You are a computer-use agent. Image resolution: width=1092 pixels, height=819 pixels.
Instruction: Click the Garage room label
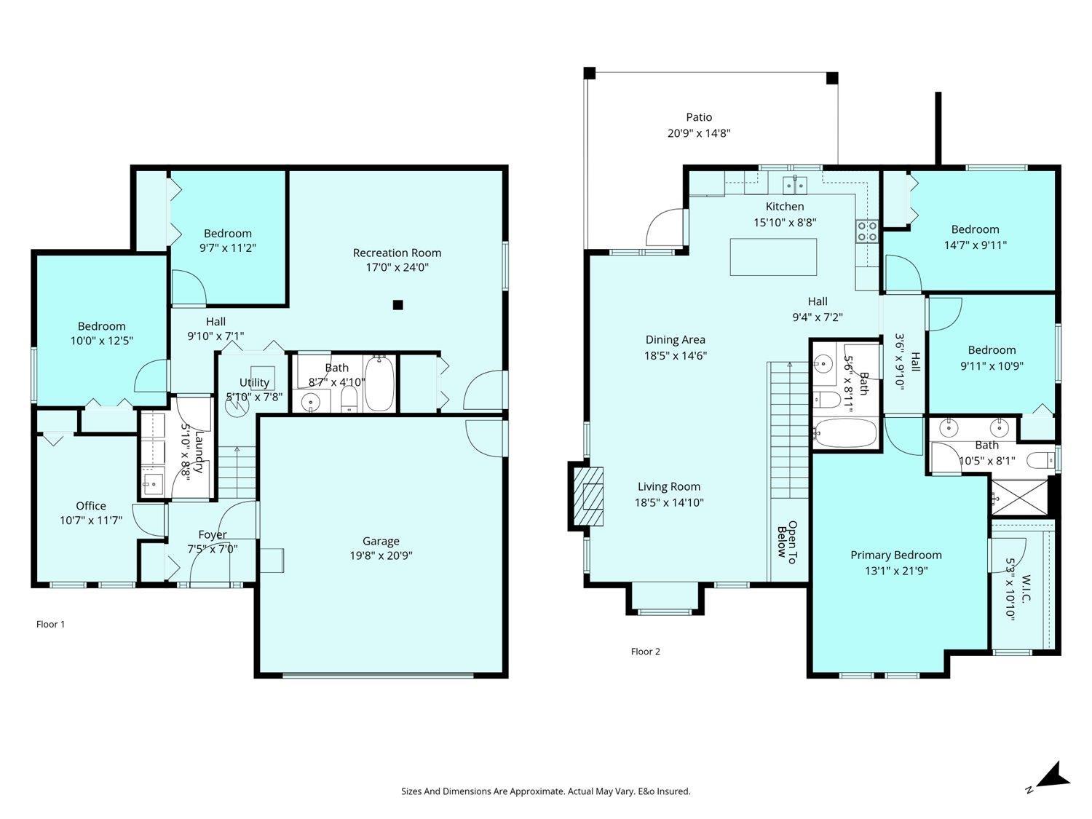click(x=381, y=540)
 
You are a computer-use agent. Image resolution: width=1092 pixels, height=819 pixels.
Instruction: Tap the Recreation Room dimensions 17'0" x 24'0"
click(x=397, y=267)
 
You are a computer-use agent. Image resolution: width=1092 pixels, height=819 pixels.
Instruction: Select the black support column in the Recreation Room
click(x=397, y=305)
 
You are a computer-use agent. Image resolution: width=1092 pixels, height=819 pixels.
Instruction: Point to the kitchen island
click(x=773, y=256)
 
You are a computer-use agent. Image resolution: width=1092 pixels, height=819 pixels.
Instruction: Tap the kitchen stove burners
click(x=866, y=232)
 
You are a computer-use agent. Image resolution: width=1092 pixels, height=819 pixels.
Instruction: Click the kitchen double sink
click(x=795, y=185)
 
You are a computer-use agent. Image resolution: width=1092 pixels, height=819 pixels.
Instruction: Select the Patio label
click(x=699, y=117)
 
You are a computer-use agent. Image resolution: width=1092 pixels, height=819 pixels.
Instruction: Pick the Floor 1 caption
click(x=50, y=624)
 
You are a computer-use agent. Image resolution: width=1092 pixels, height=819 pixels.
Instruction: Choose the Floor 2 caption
click(x=645, y=652)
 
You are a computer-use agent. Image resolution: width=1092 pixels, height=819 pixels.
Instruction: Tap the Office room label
click(x=90, y=506)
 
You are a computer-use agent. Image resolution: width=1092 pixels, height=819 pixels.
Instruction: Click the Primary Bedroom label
click(x=896, y=555)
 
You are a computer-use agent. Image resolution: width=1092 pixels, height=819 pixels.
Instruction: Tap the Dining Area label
click(x=675, y=340)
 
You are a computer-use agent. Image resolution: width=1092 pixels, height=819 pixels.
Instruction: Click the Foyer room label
click(x=213, y=534)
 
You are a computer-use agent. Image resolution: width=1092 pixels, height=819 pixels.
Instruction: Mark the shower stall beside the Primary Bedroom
click(x=1019, y=497)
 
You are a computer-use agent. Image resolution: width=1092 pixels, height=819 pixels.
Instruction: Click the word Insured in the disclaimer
click(x=673, y=791)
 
